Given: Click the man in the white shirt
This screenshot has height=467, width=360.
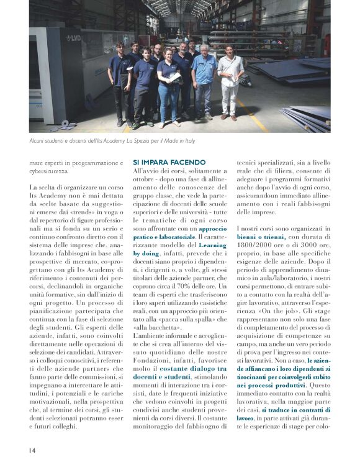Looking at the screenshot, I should (x=230, y=79).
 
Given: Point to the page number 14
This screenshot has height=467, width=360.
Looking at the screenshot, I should (x=32, y=449).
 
